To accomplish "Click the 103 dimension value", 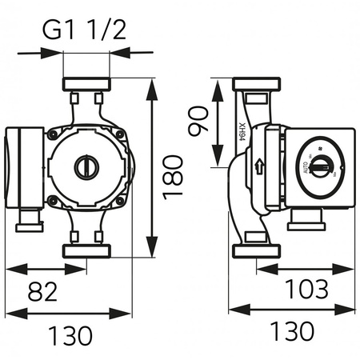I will tap(307, 286).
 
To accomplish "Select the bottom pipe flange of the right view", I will tap(254, 251).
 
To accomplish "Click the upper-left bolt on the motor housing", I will tap(53, 134).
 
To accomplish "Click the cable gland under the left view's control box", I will tap(26, 218).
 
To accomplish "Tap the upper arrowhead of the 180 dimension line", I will tap(151, 83).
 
